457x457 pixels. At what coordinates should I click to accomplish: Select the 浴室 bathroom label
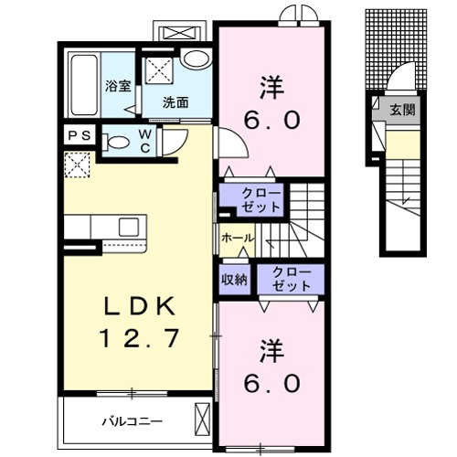(x=117, y=87)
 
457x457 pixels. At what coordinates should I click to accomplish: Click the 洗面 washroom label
(x=175, y=102)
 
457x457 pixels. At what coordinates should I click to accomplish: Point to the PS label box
(x=78, y=134)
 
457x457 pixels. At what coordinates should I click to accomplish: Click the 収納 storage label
(x=233, y=280)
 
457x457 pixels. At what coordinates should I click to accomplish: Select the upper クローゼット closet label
(x=260, y=200)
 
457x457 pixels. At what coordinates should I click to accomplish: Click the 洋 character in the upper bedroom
(x=270, y=89)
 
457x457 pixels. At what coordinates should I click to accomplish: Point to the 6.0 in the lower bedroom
(x=270, y=383)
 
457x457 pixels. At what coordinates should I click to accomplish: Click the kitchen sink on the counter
(x=126, y=226)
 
